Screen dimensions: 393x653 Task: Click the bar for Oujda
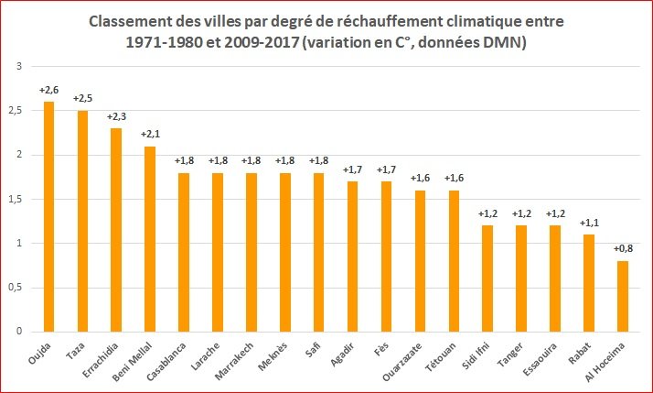(x=48, y=216)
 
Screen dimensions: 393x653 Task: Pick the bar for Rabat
(x=589, y=282)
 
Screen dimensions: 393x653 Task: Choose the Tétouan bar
(x=454, y=260)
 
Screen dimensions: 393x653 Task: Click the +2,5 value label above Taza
(x=83, y=98)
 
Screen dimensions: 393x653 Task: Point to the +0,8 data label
(x=623, y=248)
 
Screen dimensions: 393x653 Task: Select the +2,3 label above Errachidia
(x=116, y=116)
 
